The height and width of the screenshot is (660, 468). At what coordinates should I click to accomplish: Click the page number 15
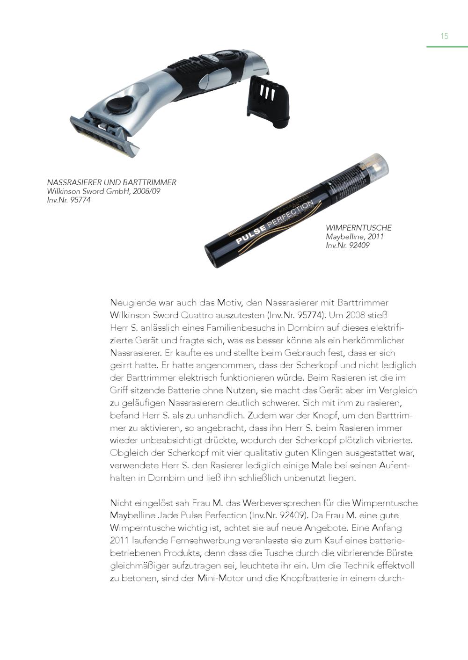coord(444,36)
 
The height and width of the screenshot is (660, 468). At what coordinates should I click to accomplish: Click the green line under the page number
coord(446,47)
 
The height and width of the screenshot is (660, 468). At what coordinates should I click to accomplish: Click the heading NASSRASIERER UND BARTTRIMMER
coord(111,182)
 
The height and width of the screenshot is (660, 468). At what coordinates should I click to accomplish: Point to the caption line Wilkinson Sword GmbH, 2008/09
coord(103,191)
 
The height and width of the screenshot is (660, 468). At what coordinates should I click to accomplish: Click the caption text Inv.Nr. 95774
coord(69,200)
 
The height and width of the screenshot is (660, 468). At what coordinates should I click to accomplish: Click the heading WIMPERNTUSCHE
coord(358,228)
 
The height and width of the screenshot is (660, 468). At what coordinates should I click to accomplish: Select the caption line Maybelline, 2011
coord(355,237)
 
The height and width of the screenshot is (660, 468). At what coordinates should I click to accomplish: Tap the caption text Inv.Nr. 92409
coord(348,246)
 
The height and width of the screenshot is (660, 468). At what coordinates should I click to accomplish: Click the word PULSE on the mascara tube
coord(251,234)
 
